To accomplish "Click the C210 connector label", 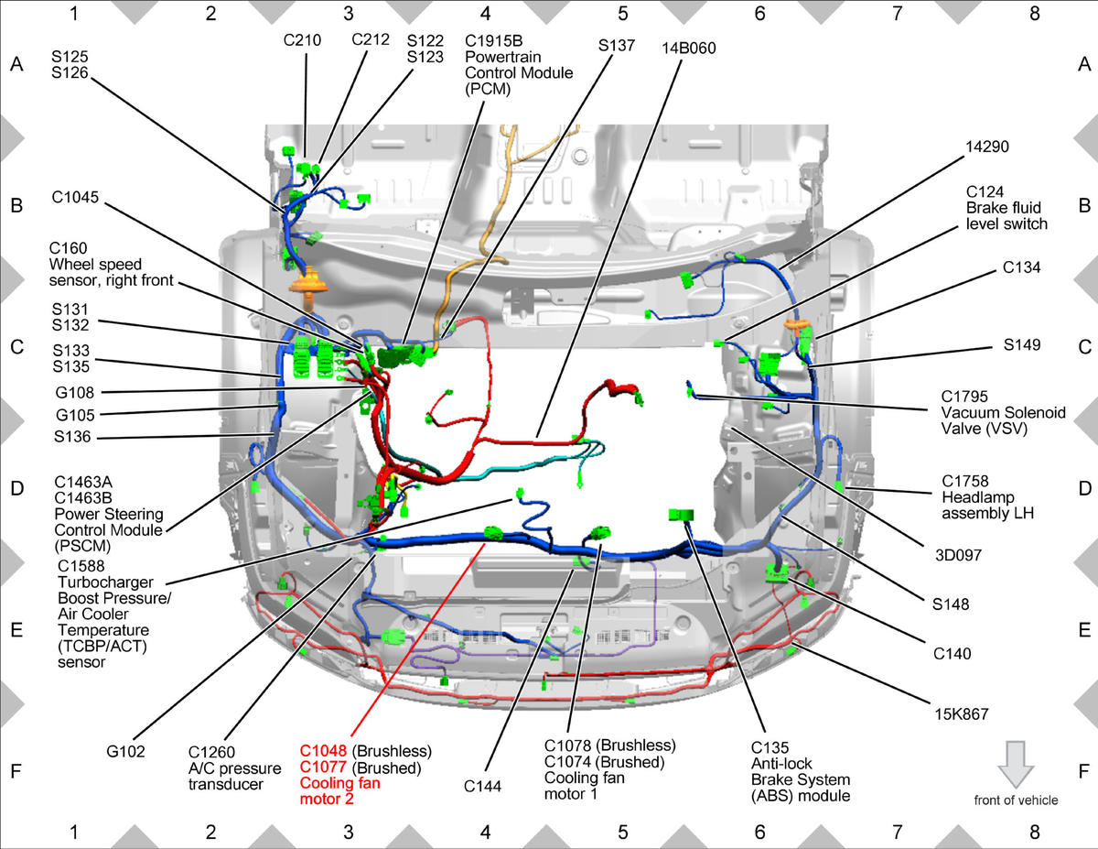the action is point(302,40).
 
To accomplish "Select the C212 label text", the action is point(371,39).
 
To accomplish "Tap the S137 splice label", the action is point(616,46).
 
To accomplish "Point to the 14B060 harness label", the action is point(689,49).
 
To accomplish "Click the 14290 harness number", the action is point(987,147).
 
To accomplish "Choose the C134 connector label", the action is point(1021,267).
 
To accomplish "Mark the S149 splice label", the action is point(1022,345).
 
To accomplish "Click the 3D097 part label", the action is point(958,555).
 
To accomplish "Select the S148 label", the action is point(951,604).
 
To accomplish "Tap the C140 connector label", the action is point(952,654).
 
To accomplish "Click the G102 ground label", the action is point(125,752).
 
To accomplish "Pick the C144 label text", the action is point(482,787).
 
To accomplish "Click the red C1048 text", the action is point(323,751).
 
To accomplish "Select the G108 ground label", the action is point(74,392).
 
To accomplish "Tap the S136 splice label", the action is point(72,436).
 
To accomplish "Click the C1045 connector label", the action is point(75,197).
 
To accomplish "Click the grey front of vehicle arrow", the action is point(1016,765).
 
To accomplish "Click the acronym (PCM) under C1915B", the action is point(487,89).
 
